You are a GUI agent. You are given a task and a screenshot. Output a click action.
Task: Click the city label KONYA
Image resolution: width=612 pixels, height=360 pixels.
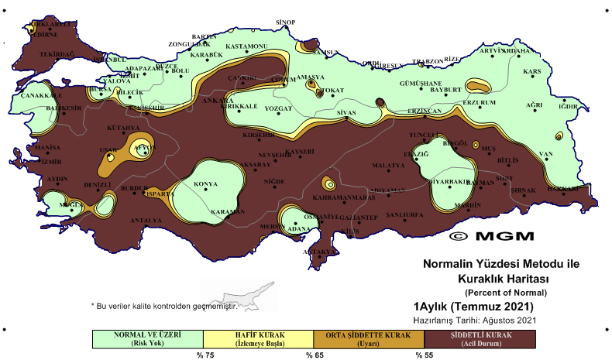click(205, 184)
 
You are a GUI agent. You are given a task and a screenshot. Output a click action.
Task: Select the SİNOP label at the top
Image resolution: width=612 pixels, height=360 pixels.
click(286, 22)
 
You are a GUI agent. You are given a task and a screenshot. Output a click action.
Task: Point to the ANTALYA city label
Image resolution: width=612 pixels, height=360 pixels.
click(146, 220)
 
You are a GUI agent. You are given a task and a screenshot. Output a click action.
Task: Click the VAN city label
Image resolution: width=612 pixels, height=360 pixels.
click(545, 154)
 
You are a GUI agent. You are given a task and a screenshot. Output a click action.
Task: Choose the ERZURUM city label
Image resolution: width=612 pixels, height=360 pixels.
click(479, 102)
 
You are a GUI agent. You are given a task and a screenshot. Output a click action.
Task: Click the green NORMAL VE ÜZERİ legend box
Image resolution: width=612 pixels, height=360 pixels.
click(147, 338)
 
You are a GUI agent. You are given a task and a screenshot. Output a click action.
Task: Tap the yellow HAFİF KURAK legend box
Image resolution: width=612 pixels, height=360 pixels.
click(258, 338)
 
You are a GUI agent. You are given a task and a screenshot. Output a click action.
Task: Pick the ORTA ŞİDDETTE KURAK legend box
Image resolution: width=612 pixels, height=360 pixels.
click(369, 338)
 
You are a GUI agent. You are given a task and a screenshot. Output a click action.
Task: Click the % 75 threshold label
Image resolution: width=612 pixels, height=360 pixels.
click(204, 355)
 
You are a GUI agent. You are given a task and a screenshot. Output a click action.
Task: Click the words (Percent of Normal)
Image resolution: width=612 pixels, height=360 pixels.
click(505, 292)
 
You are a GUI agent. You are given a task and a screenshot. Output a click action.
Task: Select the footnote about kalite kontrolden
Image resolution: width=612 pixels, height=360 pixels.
click(163, 306)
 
